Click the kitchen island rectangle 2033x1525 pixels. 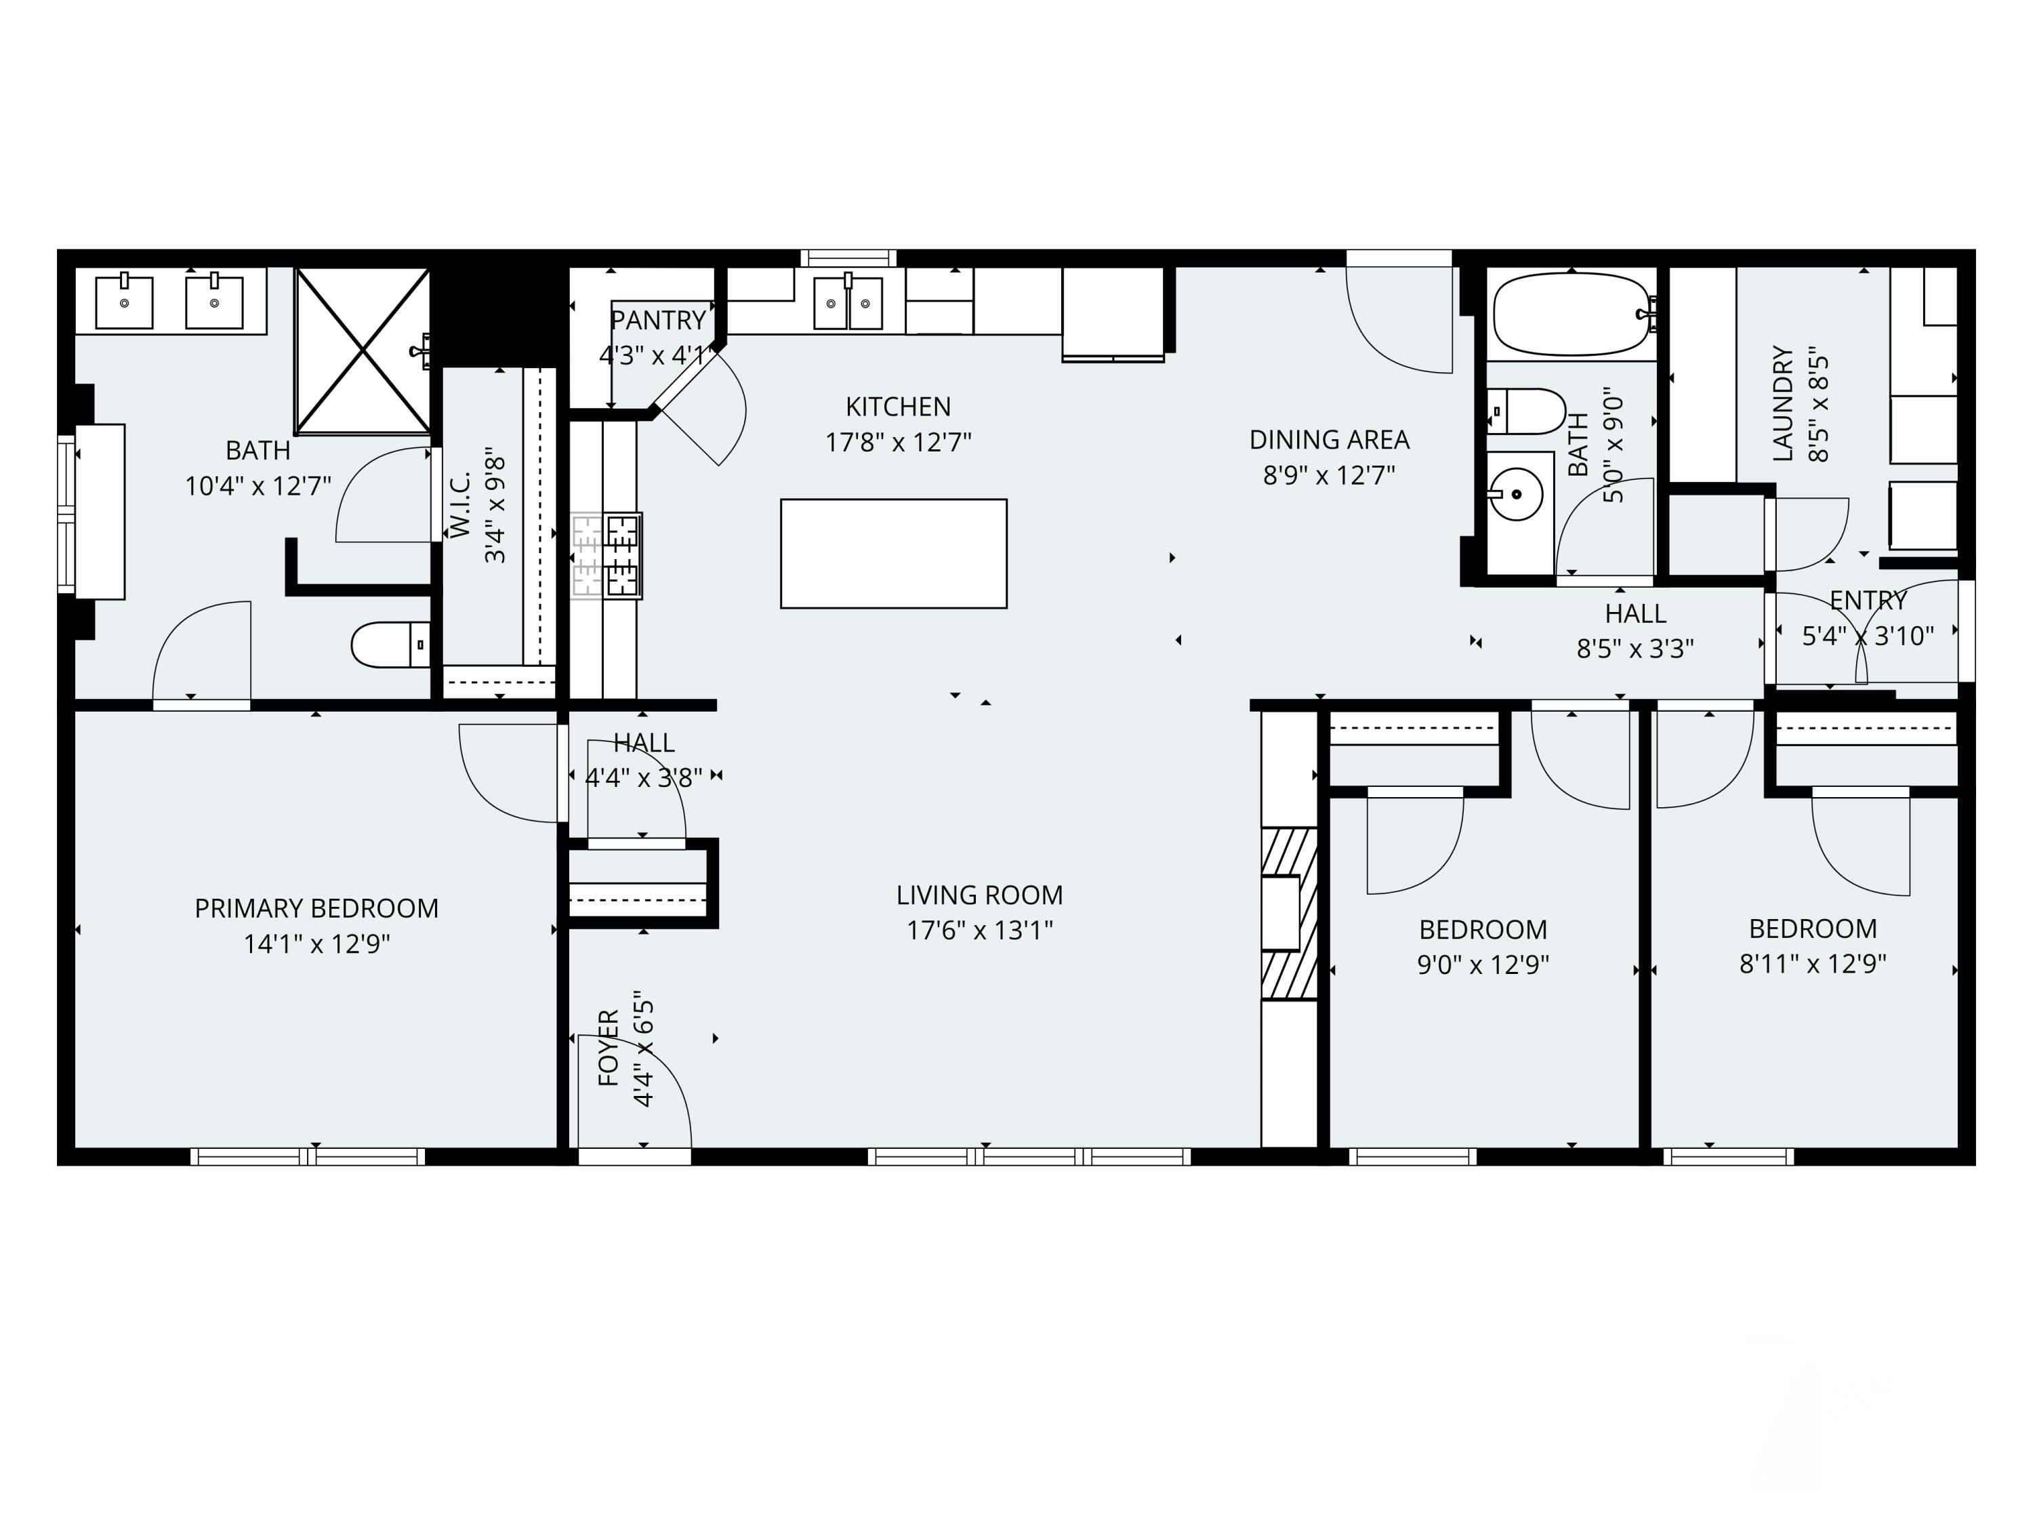(x=893, y=553)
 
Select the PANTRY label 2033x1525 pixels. (x=658, y=320)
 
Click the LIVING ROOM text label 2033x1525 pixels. (x=980, y=895)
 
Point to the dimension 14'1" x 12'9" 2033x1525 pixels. (x=316, y=944)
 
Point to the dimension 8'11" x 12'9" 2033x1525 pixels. (x=1813, y=963)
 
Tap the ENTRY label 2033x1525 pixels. (x=1868, y=601)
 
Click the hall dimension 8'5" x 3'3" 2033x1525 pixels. (x=1635, y=649)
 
